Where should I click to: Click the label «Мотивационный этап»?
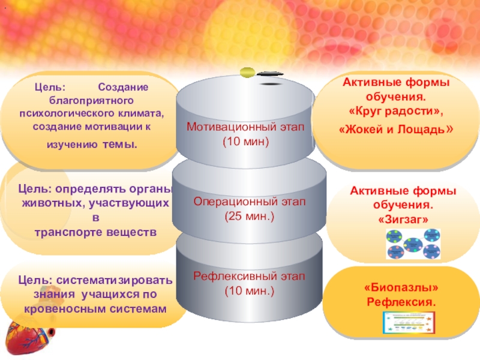(x=245, y=127)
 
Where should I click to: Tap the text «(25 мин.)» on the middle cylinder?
(x=249, y=215)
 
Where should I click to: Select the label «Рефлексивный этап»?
(x=249, y=277)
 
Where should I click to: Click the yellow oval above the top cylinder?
(x=248, y=73)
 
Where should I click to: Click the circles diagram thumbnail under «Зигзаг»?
(x=413, y=246)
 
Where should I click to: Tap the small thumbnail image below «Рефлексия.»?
(x=407, y=325)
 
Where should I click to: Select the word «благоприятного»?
(x=91, y=100)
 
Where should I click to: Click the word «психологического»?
(x=61, y=112)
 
